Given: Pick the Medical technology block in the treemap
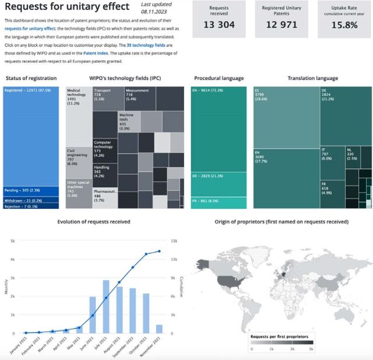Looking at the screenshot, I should tap(78, 117).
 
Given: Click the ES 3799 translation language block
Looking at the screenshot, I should tap(286, 117).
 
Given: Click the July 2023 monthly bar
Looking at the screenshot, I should tap(106, 306).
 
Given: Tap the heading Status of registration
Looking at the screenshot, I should tap(31, 78).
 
